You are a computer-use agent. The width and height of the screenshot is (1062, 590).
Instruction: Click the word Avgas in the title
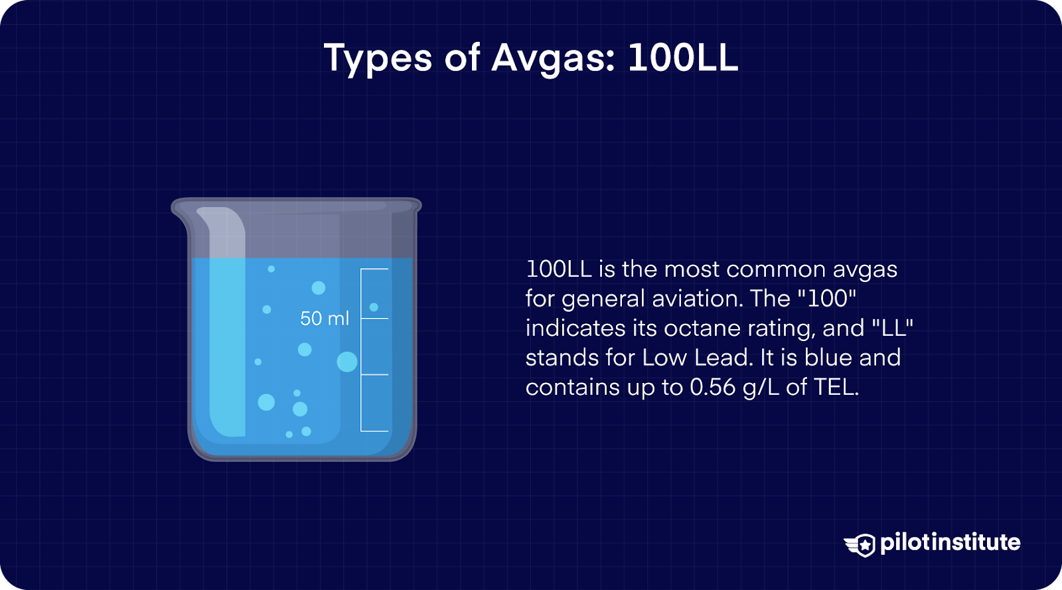click(x=552, y=58)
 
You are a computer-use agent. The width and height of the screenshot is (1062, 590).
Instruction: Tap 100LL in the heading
click(x=682, y=58)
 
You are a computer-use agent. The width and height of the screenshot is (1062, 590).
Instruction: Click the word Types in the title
click(x=378, y=58)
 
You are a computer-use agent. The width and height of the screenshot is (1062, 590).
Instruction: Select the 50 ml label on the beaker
click(x=324, y=319)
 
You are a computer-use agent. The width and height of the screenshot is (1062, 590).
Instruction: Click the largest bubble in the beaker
click(x=347, y=362)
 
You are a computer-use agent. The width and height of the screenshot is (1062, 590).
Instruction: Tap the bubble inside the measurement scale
click(x=374, y=307)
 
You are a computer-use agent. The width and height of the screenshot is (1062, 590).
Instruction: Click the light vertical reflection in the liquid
click(x=227, y=345)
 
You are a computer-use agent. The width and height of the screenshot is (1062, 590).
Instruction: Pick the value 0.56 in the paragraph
click(x=712, y=387)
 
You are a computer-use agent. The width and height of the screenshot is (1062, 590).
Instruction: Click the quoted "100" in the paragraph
click(x=827, y=299)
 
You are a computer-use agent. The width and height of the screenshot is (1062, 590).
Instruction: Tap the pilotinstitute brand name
click(x=950, y=543)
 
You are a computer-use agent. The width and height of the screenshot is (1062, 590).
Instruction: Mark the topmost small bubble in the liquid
click(x=271, y=269)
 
